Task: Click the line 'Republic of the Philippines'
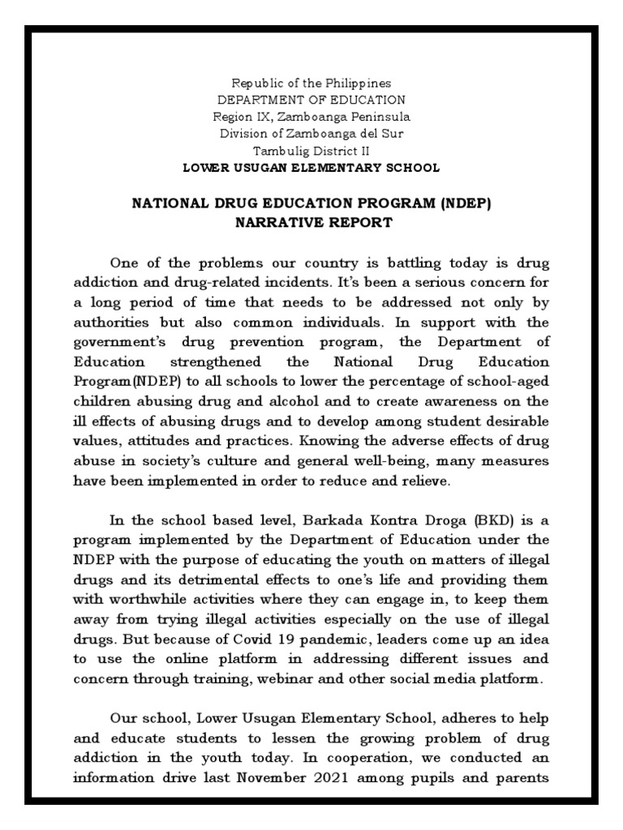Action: [x=311, y=83]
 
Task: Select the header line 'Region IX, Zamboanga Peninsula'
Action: [x=311, y=117]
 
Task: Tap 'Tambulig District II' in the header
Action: [x=311, y=151]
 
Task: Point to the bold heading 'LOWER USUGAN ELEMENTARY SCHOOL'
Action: [x=311, y=168]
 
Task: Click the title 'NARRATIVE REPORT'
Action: [x=311, y=222]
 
